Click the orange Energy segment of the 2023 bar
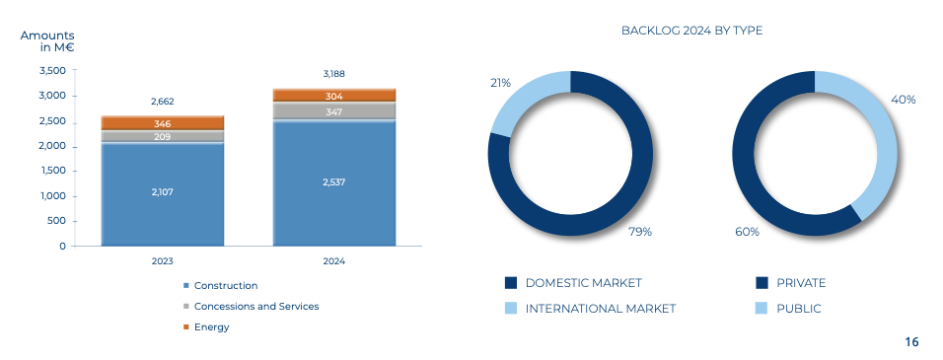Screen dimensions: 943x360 (163, 123)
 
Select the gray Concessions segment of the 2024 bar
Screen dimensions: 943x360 (334, 111)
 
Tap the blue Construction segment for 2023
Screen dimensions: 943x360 (163, 193)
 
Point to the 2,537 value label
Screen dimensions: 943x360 (334, 182)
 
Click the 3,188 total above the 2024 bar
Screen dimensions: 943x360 (334, 74)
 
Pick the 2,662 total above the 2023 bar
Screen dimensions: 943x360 (163, 102)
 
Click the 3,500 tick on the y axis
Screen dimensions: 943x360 (52, 70)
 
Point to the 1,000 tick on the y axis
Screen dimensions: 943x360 (53, 196)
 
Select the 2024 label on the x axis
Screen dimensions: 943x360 (334, 261)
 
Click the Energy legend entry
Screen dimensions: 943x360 (206, 326)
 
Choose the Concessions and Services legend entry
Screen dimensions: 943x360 (251, 307)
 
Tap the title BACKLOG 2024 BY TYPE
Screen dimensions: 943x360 (691, 31)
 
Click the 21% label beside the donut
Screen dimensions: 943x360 (500, 83)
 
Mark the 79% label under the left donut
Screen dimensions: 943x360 (640, 232)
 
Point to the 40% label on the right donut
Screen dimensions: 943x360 (904, 100)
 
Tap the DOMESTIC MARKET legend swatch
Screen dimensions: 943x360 (511, 283)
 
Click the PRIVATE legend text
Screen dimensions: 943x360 (801, 283)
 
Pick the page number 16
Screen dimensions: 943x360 (911, 342)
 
